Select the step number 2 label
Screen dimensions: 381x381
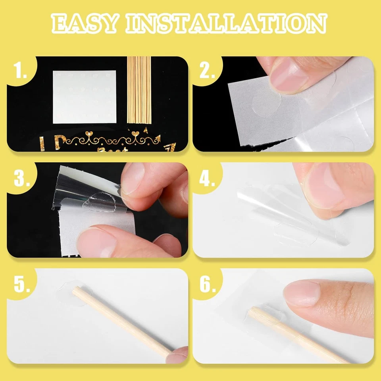pos(207,72)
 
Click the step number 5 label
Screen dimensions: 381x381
pos(21,285)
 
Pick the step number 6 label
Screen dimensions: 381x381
pos(207,285)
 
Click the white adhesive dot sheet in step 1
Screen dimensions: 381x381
pos(85,97)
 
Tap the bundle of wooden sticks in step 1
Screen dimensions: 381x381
pos(139,89)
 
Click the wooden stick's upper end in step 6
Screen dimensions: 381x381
pos(252,312)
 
